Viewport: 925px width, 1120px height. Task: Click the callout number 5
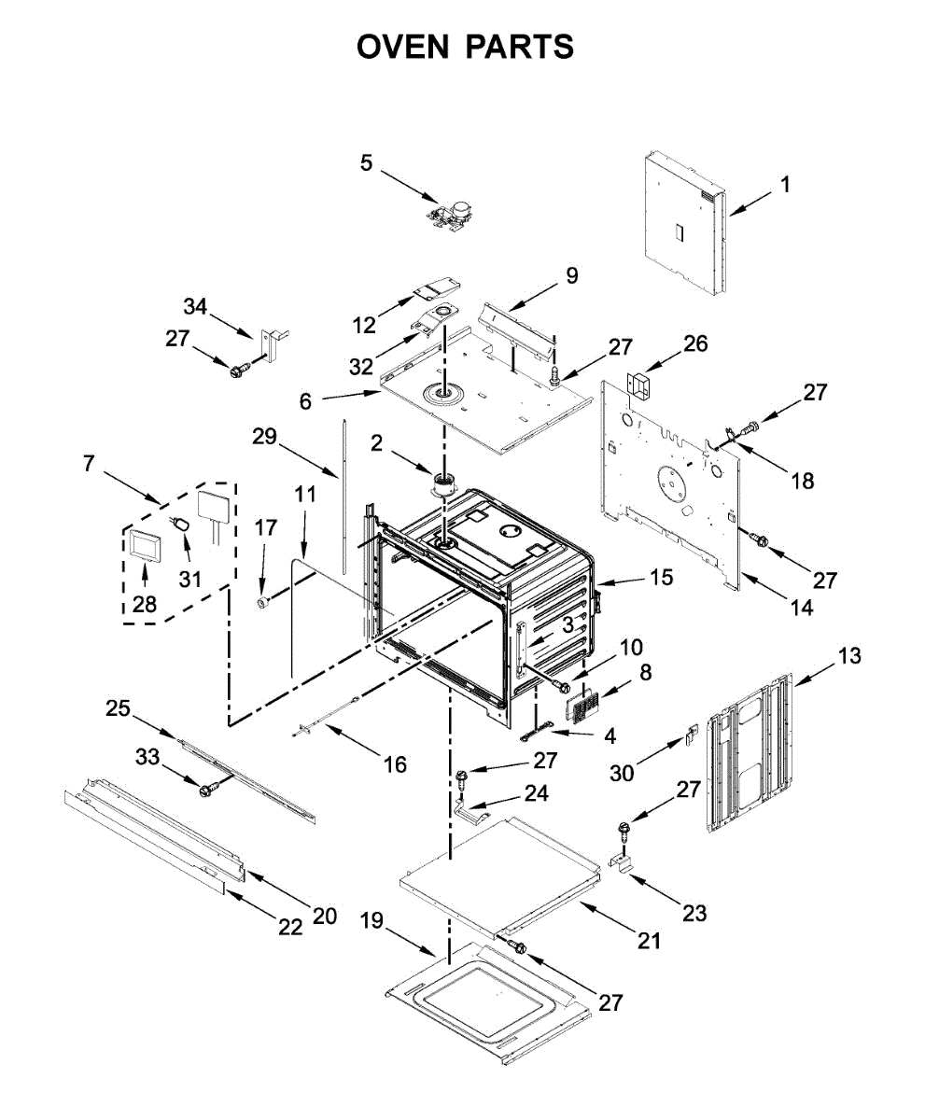point(367,163)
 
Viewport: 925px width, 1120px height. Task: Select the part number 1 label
point(785,185)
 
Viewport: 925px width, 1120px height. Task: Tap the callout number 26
point(695,343)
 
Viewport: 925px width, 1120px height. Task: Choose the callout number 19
point(372,921)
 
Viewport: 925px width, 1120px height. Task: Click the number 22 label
point(291,927)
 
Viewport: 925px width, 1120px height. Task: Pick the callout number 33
point(147,758)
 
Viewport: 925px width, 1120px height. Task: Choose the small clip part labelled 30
point(692,735)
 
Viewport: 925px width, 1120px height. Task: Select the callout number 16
point(395,764)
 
